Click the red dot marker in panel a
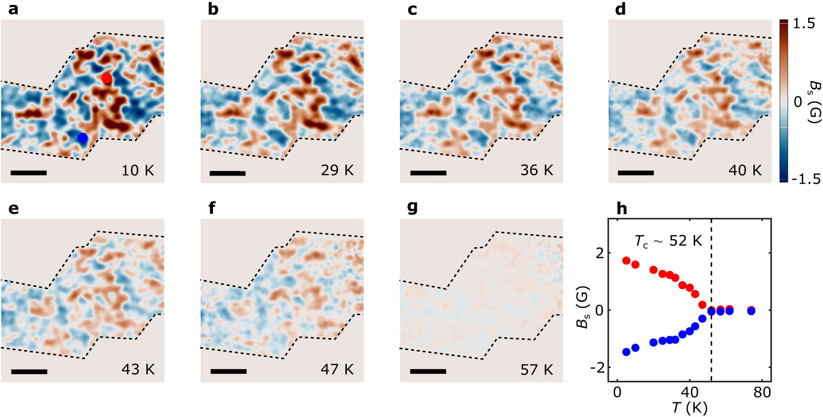[x=107, y=78]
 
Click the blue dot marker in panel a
[x=83, y=138]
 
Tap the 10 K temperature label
[x=138, y=170]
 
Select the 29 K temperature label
[x=337, y=170]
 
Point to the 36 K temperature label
[x=536, y=170]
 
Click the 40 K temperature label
[x=745, y=170]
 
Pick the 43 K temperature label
[x=138, y=370]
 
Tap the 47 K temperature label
[x=337, y=370]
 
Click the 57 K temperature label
[x=536, y=370]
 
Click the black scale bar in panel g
[x=428, y=371]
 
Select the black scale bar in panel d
[x=636, y=173]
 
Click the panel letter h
[x=622, y=209]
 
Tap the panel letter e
[x=13, y=209]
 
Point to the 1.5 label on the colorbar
[x=804, y=24]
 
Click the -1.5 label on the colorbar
[x=806, y=179]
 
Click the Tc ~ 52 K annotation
[x=668, y=241]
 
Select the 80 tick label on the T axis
[x=762, y=392]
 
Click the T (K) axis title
[x=689, y=408]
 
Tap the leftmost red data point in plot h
[x=626, y=260]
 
